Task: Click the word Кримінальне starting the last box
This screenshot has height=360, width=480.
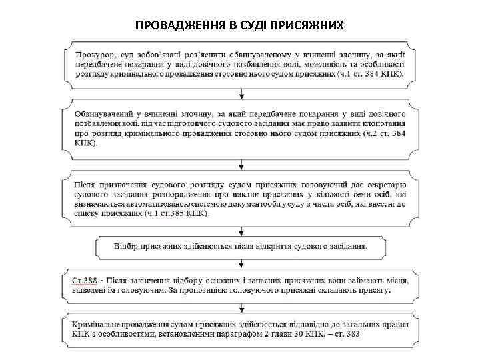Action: (99, 323)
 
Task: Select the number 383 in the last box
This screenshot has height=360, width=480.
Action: (351, 333)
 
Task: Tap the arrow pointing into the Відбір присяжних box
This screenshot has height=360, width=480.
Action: (239, 229)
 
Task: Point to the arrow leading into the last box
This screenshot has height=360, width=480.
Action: (239, 307)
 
